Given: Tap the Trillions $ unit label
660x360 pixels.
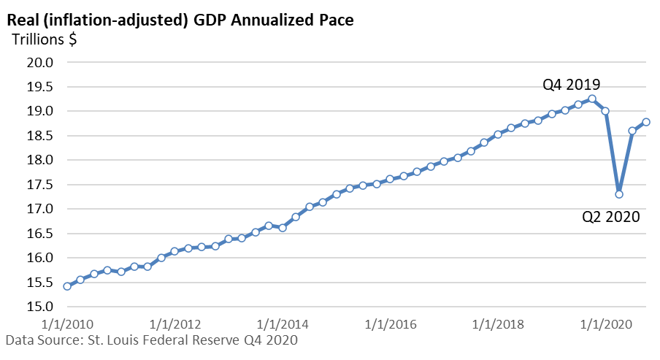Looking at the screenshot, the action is pos(45,39).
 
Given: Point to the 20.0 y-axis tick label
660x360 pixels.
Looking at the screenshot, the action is pos(40,62).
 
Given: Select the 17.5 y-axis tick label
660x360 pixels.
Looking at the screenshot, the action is pos(40,185).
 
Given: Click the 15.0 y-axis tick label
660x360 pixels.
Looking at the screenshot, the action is pos(40,307).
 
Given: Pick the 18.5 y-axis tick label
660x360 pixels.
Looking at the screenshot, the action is pos(40,136).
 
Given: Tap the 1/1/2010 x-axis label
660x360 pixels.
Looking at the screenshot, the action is pos(67,324).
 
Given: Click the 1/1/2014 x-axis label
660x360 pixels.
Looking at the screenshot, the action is pos(283,324).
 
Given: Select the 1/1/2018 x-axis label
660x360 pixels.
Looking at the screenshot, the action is pos(498,324).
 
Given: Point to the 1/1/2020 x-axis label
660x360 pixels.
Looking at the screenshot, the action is pos(606,324).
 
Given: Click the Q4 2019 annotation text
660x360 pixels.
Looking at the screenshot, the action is pos(571,85).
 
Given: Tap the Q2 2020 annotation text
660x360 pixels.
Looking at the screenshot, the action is pos(611,217).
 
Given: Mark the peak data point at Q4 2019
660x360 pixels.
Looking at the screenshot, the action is pos(592,99).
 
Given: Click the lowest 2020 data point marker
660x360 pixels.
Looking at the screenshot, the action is pos(619,194).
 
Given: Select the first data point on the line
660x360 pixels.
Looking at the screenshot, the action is pos(67,286).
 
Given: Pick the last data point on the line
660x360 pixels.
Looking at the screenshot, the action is pos(645,122).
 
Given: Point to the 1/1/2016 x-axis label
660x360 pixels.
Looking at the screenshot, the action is pos(390,324).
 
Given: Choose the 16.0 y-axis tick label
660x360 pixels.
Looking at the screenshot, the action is pos(40,258).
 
